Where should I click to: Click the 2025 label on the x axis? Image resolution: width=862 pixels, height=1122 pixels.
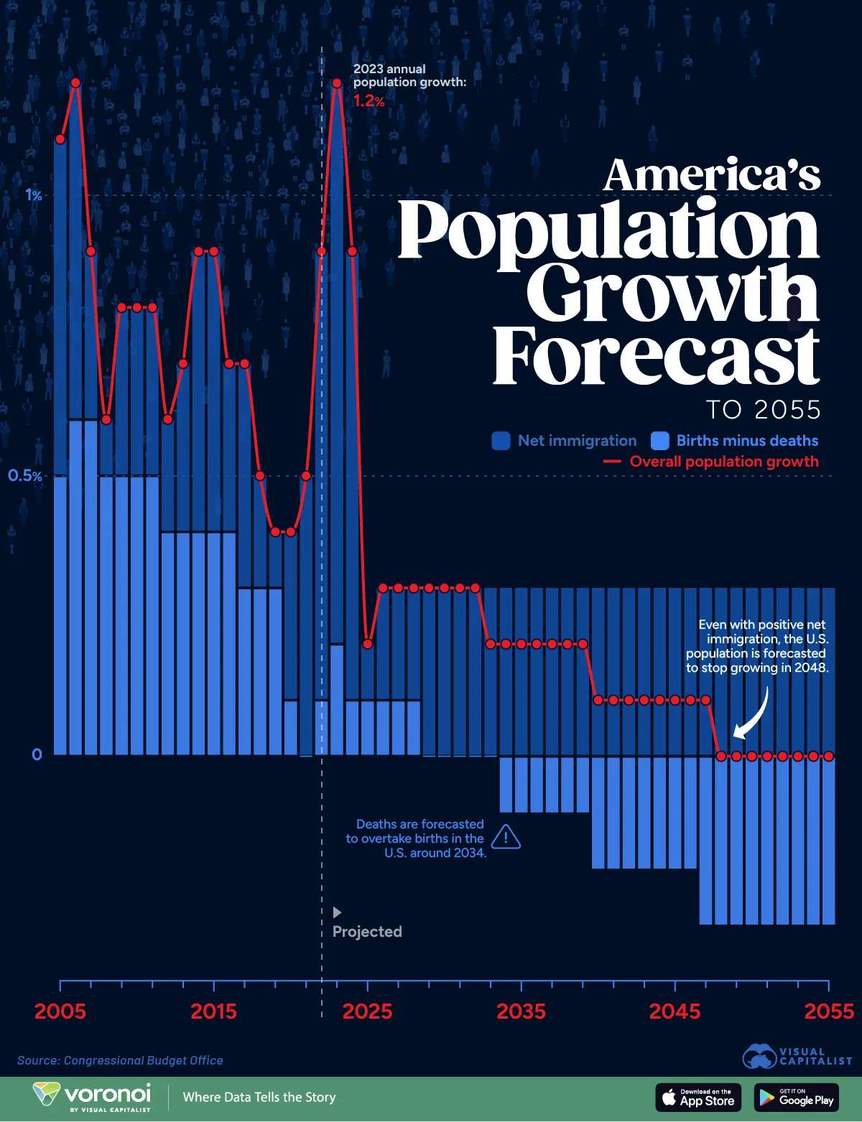367,1011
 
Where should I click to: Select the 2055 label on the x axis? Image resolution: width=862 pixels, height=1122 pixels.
828,1011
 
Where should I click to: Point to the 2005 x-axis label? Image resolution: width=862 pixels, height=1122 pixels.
60,1011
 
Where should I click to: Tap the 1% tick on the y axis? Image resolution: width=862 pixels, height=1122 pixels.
34,195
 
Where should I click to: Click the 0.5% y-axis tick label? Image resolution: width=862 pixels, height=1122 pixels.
25,475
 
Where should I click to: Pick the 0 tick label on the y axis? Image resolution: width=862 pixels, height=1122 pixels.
37,754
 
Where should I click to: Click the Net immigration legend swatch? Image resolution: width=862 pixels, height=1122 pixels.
501,441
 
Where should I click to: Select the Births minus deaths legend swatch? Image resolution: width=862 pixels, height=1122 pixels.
659,441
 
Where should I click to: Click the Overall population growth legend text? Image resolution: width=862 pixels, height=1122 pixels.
724,462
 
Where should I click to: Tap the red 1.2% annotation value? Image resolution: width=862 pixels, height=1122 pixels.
369,101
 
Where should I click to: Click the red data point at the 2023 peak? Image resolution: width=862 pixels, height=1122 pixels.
336,83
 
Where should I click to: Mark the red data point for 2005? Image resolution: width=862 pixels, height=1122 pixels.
60,139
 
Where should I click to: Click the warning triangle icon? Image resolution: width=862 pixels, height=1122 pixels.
506,837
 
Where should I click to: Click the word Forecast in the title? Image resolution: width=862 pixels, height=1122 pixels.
655,356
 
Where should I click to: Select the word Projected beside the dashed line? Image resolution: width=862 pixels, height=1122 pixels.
367,932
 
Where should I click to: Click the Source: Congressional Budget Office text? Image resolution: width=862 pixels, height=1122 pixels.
120,1060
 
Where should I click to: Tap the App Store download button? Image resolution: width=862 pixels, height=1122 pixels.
698,1097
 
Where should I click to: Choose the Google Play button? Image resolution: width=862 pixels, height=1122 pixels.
796,1097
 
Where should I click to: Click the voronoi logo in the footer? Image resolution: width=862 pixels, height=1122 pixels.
92,1096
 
